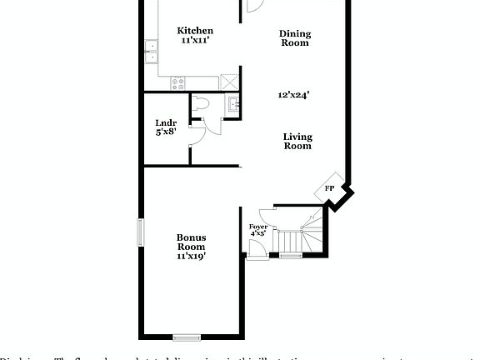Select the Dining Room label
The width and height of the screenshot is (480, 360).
coord(294,38)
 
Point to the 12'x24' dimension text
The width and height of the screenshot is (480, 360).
coord(293,95)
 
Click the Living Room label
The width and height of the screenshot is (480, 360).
coord(297,141)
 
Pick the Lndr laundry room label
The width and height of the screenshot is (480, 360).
coord(167,122)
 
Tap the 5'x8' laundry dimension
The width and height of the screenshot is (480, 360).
coord(167,132)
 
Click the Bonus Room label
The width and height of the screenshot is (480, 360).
coord(191,242)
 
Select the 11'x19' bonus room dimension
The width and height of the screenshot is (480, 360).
coord(191,257)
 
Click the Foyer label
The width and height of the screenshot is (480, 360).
coord(257,226)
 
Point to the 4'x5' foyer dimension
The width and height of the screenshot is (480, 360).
coord(257,234)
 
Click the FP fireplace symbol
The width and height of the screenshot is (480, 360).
coord(330,189)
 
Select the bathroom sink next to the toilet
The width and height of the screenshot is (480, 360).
coord(232,104)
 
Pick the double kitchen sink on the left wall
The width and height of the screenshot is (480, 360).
coord(152,52)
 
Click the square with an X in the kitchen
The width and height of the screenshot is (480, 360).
coord(229,81)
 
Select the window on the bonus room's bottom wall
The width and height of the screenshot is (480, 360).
coord(187,337)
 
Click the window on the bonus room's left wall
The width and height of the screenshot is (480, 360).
coord(140,231)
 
